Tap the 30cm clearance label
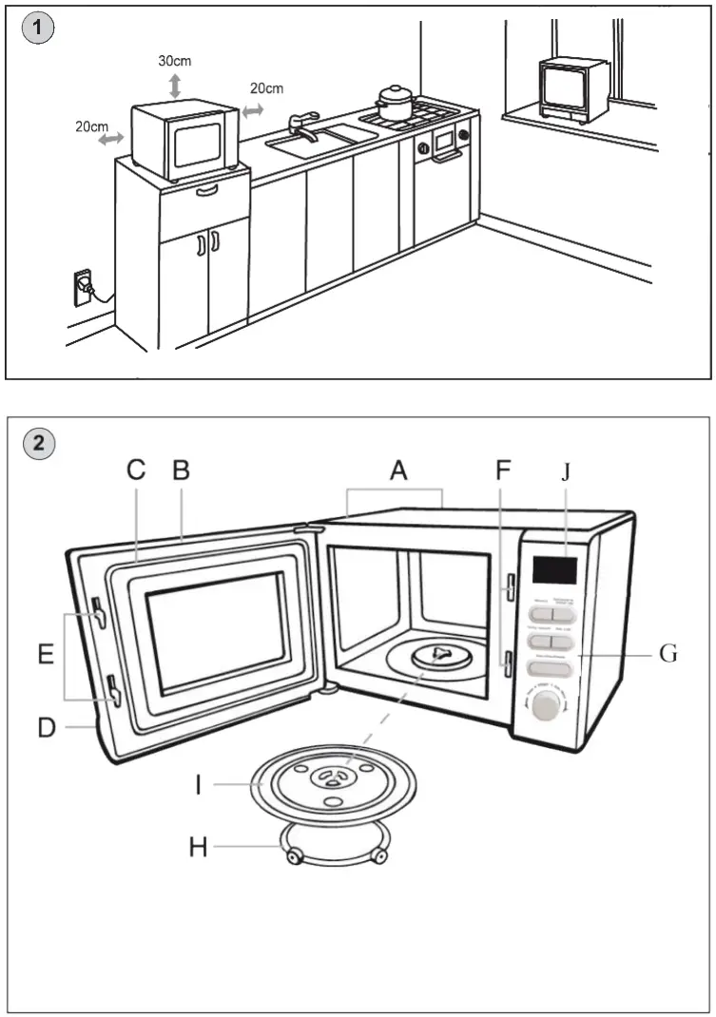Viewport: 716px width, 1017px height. click(x=174, y=61)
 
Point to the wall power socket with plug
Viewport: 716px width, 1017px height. click(x=83, y=284)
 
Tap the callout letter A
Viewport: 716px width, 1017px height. click(x=397, y=470)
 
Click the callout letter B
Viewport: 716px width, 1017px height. click(x=180, y=470)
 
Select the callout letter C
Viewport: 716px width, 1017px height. click(x=136, y=470)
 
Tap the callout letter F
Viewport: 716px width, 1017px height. click(x=504, y=470)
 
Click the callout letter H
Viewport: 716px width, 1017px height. click(x=198, y=846)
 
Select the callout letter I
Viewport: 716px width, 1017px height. click(x=198, y=785)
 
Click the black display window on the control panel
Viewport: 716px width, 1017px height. click(x=554, y=570)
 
